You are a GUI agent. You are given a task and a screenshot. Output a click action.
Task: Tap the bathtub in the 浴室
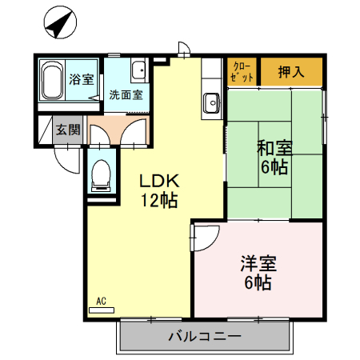(x=53, y=82)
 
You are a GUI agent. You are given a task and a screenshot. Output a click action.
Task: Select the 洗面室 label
(x=126, y=94)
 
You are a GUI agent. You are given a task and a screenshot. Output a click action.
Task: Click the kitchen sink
(x=212, y=102)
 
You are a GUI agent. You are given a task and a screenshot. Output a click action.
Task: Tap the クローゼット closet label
(x=243, y=71)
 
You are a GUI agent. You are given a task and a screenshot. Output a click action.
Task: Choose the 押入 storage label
(x=291, y=71)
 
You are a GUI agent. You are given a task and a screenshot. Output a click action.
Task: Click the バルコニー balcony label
(x=204, y=337)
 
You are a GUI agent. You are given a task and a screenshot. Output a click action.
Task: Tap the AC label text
(x=101, y=300)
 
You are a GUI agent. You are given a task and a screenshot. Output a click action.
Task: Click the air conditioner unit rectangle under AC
(x=102, y=309)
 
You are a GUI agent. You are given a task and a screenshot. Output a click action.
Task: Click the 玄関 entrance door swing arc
(x=69, y=157)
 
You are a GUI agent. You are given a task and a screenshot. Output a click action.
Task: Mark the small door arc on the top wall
(x=184, y=49)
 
